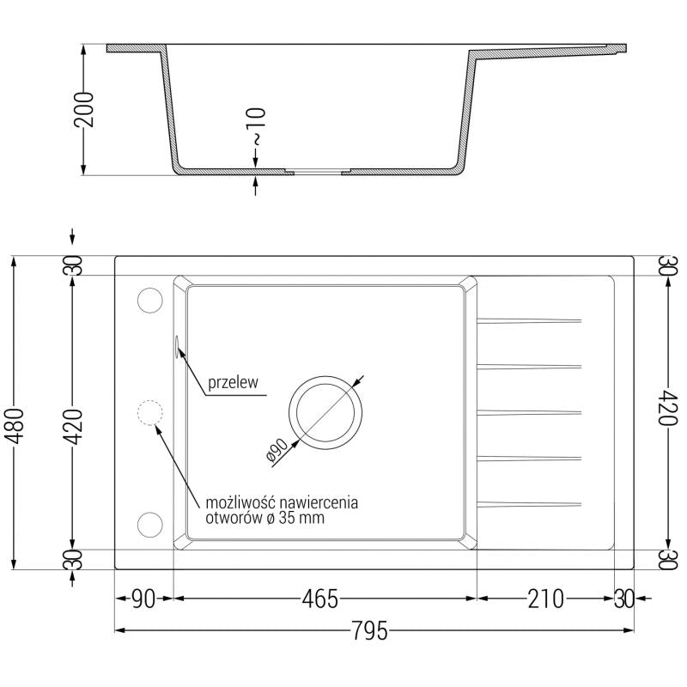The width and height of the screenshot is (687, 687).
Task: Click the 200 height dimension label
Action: pyautogui.click(x=82, y=108)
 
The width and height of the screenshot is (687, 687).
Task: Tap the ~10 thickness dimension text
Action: pyautogui.click(x=256, y=125)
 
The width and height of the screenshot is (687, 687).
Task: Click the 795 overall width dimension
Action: pyautogui.click(x=371, y=631)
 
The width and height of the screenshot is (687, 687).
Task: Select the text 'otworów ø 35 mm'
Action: pyautogui.click(x=265, y=518)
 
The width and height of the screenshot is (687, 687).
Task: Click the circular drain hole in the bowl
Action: pyautogui.click(x=325, y=411)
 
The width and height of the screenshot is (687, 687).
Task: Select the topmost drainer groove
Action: pyautogui.click(x=527, y=321)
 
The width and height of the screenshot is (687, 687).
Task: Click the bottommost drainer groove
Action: pyautogui.click(x=527, y=502)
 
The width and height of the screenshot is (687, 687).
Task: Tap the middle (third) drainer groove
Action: pyautogui.click(x=527, y=411)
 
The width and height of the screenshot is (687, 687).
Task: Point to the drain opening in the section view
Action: pyautogui.click(x=318, y=173)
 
